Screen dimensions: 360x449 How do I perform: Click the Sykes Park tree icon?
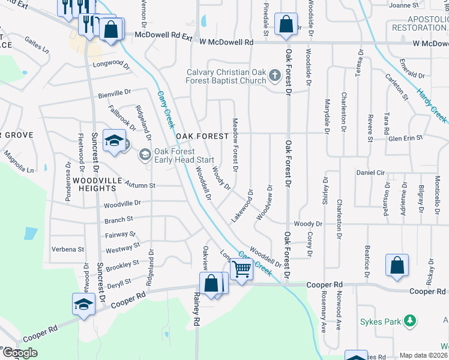[x=410, y=321]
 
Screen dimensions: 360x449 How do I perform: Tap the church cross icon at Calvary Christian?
[x=275, y=76]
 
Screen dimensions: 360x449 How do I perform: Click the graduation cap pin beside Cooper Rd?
[x=83, y=304]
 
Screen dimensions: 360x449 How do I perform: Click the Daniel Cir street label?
[x=370, y=172]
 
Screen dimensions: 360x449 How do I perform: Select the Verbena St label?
[x=68, y=249]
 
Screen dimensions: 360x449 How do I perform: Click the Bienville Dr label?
[x=114, y=93]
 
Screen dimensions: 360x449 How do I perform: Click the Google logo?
[x=20, y=353]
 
